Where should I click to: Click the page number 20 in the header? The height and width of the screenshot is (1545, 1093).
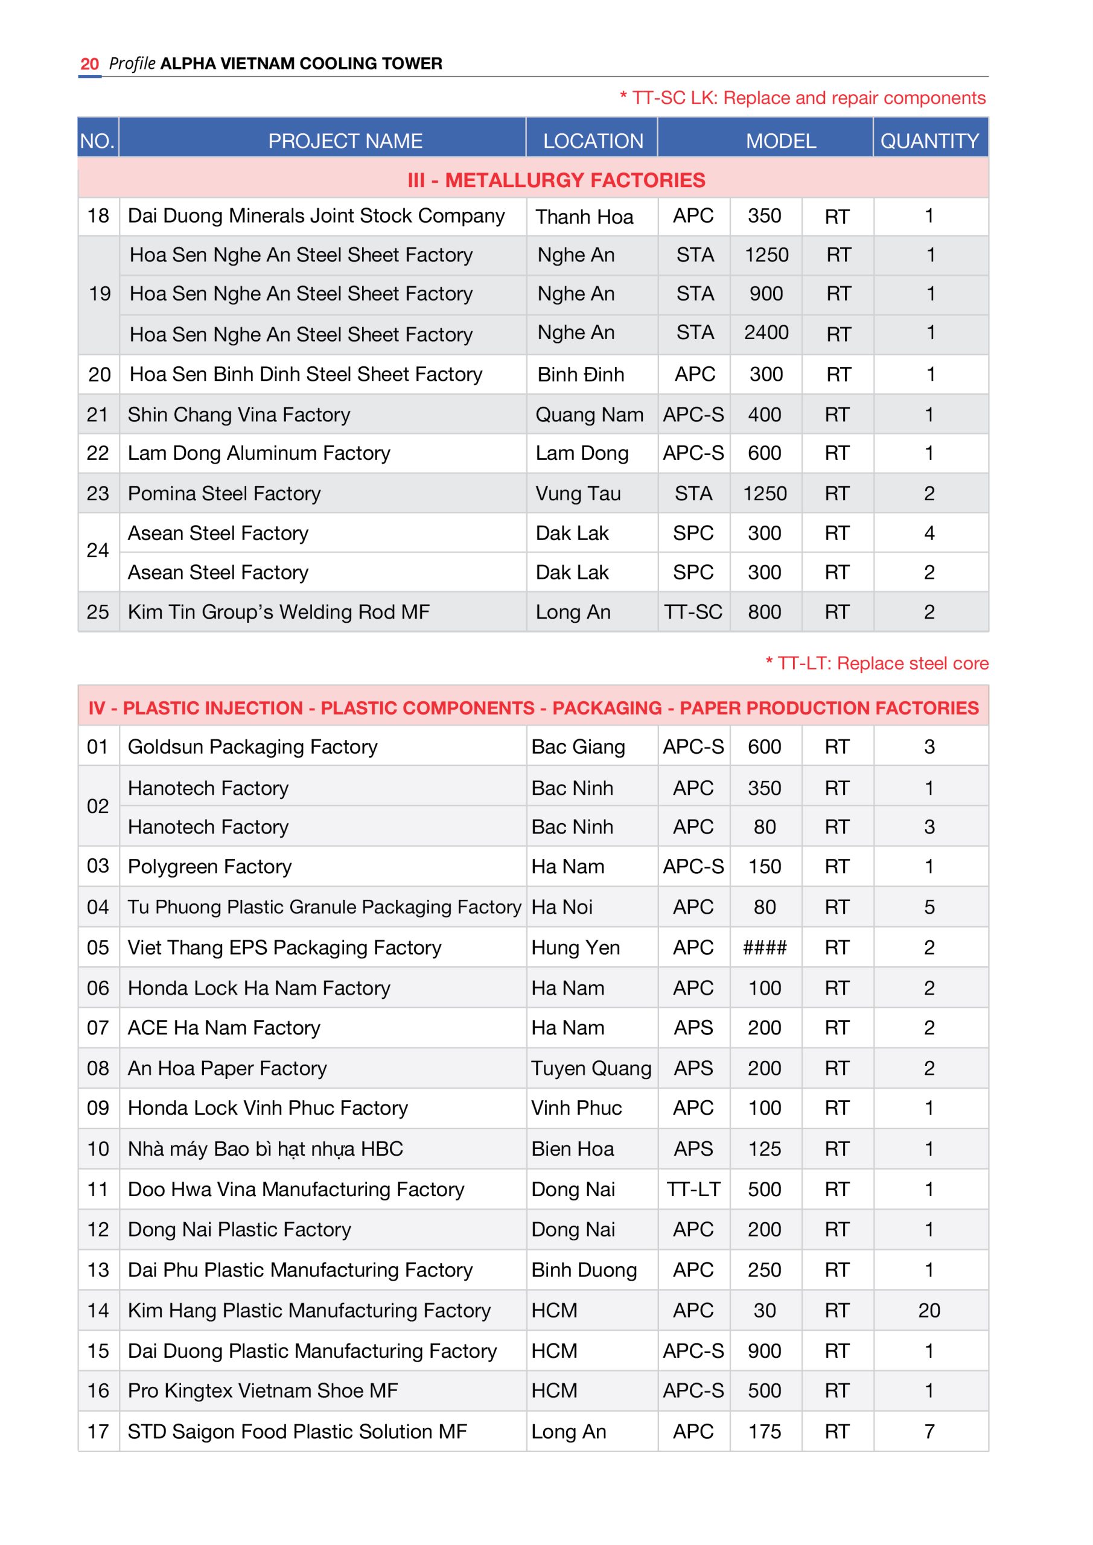pyautogui.click(x=89, y=64)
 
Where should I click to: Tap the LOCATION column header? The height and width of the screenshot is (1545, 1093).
pyautogui.click(x=592, y=141)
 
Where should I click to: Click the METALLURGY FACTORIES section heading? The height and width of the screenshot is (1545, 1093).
pyautogui.click(x=556, y=180)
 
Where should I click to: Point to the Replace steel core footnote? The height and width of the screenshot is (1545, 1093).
pyautogui.click(x=876, y=663)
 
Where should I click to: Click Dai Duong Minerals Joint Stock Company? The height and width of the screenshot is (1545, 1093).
pyautogui.click(x=316, y=216)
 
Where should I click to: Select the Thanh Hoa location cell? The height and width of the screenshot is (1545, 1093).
pyautogui.click(x=584, y=217)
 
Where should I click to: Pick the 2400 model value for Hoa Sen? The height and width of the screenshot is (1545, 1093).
pyautogui.click(x=765, y=333)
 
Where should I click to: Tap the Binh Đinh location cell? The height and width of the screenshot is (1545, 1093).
pyautogui.click(x=580, y=374)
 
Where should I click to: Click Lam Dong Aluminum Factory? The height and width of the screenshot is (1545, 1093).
pyautogui.click(x=258, y=453)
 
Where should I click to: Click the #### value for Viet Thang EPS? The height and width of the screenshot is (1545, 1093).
pyautogui.click(x=765, y=948)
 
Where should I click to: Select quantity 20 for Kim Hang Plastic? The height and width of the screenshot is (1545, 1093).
pyautogui.click(x=929, y=1310)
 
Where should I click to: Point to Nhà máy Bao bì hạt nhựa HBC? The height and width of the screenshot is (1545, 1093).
pyautogui.click(x=265, y=1148)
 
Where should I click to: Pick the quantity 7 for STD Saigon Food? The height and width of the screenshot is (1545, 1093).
pyautogui.click(x=929, y=1432)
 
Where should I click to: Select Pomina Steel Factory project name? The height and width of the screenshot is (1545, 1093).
pyautogui.click(x=224, y=493)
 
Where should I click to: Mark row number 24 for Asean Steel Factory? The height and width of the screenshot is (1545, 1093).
pyautogui.click(x=98, y=550)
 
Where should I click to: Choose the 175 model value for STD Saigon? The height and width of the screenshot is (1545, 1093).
pyautogui.click(x=765, y=1432)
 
